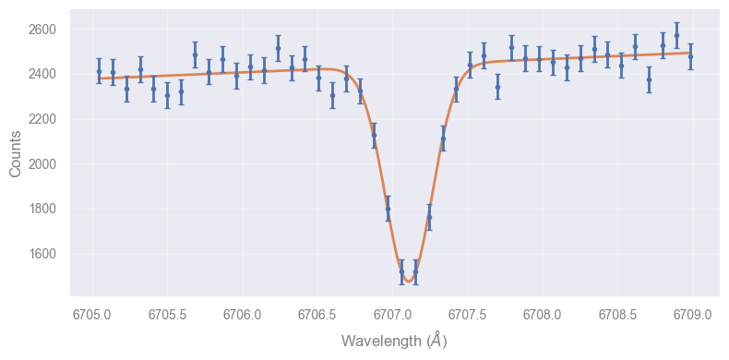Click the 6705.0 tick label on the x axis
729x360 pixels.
[x=92, y=315]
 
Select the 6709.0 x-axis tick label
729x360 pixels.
[x=693, y=315]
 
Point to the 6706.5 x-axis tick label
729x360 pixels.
[x=317, y=315]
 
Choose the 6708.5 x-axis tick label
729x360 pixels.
[x=617, y=315]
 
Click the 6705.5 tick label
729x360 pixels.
[x=167, y=315]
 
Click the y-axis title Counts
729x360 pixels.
[x=15, y=153]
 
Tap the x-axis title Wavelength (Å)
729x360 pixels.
[x=394, y=341]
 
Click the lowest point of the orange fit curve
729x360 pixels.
[x=408, y=282]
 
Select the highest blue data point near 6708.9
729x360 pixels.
[x=677, y=35]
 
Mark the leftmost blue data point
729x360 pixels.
[x=99, y=71]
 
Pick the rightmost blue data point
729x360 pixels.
[x=690, y=56]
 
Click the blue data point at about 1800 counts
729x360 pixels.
[x=388, y=209]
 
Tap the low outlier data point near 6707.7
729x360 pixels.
[x=498, y=87]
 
